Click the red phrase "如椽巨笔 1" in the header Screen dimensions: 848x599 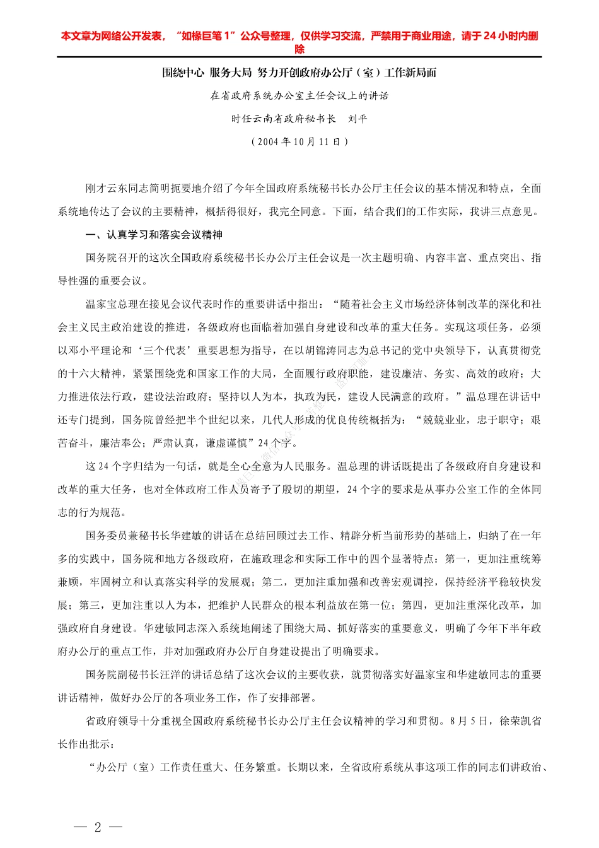point(206,37)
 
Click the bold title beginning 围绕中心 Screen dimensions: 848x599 point(299,73)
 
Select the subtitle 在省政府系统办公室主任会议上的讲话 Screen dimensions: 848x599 point(299,96)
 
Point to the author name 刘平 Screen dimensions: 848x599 point(358,119)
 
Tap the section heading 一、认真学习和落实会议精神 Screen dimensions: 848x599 point(154,235)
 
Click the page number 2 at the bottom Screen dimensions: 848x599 point(98,827)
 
